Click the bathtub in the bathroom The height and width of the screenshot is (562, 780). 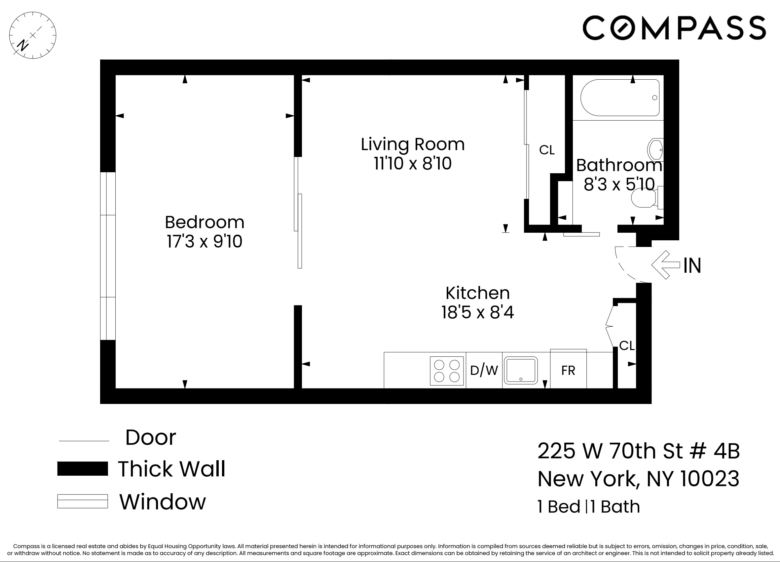pyautogui.click(x=620, y=98)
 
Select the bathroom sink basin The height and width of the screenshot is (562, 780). pyautogui.click(x=655, y=150)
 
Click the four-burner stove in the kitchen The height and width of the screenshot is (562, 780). pyautogui.click(x=447, y=371)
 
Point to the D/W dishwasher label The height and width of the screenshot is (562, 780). pyautogui.click(x=484, y=370)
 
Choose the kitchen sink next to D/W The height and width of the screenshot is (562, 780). pyautogui.click(x=521, y=370)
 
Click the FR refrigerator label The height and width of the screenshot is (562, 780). pyautogui.click(x=568, y=371)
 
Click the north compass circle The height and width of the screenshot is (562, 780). pyautogui.click(x=33, y=35)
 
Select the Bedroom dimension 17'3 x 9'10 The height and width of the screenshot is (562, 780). pyautogui.click(x=204, y=241)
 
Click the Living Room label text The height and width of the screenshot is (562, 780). pyautogui.click(x=412, y=144)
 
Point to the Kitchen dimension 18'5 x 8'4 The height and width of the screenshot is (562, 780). pyautogui.click(x=477, y=312)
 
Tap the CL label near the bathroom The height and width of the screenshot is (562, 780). pyautogui.click(x=547, y=150)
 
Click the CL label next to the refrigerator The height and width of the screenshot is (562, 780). pyautogui.click(x=627, y=345)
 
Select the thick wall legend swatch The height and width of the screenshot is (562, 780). pyautogui.click(x=83, y=469)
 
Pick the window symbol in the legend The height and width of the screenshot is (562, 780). pyautogui.click(x=83, y=501)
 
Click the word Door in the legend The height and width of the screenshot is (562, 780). pyautogui.click(x=151, y=437)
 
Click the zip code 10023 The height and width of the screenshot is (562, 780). pyautogui.click(x=710, y=479)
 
